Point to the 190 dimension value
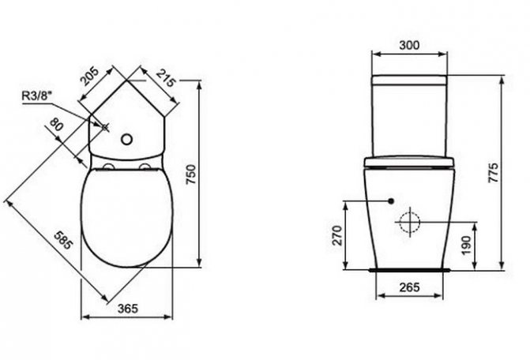click(x=467, y=242)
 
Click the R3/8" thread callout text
click(x=36, y=96)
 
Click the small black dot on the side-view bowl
click(x=392, y=201)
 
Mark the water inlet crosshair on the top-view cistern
click(x=103, y=126)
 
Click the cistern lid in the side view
click(x=409, y=81)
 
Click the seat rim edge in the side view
click(x=409, y=163)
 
